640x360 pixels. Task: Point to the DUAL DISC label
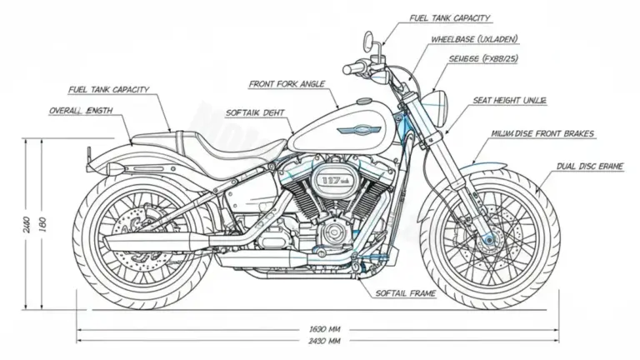(589, 167)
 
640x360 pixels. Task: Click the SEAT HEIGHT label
(509, 100)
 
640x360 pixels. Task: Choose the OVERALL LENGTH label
(82, 111)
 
